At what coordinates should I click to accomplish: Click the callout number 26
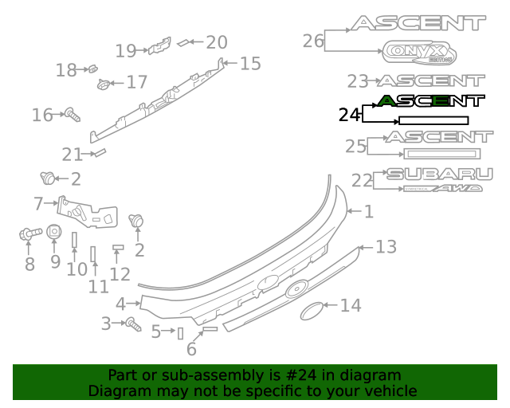(313, 41)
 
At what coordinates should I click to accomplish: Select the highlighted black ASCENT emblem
(430, 100)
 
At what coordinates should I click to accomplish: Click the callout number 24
(349, 116)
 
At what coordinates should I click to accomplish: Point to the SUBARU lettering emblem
(434, 174)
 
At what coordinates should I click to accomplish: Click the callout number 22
(362, 181)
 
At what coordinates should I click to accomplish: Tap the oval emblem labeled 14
(318, 310)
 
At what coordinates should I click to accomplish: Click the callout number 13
(386, 247)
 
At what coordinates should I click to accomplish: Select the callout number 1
(368, 212)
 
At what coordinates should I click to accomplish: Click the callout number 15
(250, 64)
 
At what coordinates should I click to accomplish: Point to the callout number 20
(217, 42)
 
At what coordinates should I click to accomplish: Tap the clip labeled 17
(104, 83)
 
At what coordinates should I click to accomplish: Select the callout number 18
(66, 70)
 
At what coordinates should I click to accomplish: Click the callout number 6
(191, 349)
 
